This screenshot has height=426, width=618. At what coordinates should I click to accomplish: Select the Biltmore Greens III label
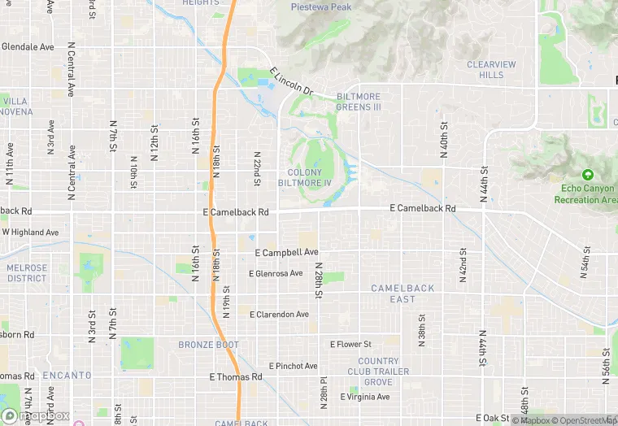(x=358, y=102)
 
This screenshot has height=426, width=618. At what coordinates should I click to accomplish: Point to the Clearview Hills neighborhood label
(x=491, y=69)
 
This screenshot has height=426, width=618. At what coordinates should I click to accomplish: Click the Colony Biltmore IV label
(x=305, y=177)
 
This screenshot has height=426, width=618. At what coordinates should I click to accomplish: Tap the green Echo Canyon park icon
(x=587, y=174)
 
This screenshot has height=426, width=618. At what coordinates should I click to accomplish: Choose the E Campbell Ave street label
(x=286, y=253)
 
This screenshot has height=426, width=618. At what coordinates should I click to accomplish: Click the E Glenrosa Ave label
(x=276, y=274)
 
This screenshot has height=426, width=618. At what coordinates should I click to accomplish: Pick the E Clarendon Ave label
(x=279, y=314)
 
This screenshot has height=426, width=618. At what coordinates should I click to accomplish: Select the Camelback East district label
(x=403, y=293)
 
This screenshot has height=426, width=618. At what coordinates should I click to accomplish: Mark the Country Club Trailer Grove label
(x=378, y=372)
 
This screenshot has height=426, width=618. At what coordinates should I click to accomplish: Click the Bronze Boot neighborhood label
(x=208, y=345)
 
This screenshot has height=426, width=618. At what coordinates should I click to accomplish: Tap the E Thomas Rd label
(x=236, y=377)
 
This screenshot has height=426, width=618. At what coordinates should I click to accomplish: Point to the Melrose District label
(x=27, y=272)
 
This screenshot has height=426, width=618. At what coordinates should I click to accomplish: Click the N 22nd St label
(x=257, y=168)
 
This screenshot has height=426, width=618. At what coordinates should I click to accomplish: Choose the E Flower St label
(x=350, y=345)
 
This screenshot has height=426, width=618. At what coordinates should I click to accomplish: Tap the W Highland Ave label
(x=30, y=233)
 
